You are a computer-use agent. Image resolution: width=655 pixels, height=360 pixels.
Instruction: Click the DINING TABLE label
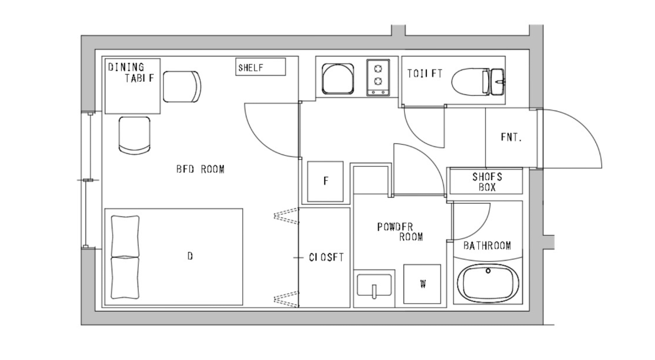[132, 72]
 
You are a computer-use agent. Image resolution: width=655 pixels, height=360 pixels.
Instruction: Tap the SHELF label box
[261, 67]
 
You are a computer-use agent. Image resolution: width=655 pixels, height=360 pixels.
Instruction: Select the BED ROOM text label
[200, 169]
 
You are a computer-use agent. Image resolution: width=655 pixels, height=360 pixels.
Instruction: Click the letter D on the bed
[190, 257]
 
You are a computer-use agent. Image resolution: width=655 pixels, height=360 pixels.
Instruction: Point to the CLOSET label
[326, 257]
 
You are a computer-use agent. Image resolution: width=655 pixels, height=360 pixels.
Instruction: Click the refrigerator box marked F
[326, 181]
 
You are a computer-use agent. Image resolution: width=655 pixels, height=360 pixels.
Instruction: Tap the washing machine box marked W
[422, 284]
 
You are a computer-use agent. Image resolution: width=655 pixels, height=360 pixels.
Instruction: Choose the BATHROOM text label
[487, 246]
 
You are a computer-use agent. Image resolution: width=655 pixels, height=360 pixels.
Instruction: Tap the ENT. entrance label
[510, 137]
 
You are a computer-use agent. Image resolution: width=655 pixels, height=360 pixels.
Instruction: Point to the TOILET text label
[424, 74]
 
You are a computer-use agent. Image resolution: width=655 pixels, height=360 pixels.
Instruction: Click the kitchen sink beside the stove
[338, 78]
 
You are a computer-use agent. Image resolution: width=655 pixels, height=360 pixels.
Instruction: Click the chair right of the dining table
[181, 86]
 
